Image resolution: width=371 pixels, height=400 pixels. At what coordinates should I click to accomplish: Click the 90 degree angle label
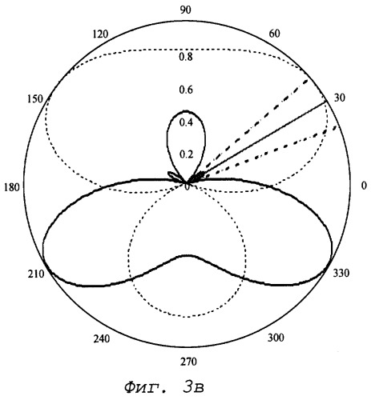click(x=186, y=10)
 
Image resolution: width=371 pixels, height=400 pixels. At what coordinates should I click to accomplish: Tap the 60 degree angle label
click(x=274, y=34)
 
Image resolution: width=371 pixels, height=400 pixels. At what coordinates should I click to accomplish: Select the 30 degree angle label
click(x=340, y=98)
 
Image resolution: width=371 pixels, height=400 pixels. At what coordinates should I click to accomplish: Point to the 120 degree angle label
click(x=100, y=34)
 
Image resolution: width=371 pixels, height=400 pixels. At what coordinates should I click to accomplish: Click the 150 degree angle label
click(x=34, y=99)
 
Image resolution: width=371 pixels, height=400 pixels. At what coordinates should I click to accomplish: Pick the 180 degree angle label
click(x=12, y=187)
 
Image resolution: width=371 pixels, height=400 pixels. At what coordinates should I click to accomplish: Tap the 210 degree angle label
click(x=36, y=274)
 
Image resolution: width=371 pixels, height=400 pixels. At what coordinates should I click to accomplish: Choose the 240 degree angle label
click(x=102, y=339)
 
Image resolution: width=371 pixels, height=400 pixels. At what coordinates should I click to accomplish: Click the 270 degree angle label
click(x=188, y=362)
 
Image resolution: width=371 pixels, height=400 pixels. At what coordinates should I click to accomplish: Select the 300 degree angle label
click(x=276, y=338)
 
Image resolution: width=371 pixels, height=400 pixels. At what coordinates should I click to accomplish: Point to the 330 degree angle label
click(x=341, y=273)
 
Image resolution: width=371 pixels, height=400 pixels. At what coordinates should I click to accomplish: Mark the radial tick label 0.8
click(x=186, y=57)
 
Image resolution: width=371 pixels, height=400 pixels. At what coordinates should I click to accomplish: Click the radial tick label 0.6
click(x=186, y=90)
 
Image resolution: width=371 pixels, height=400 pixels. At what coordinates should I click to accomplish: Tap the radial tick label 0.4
click(x=186, y=122)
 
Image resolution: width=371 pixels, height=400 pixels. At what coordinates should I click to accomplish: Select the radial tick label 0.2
click(x=186, y=154)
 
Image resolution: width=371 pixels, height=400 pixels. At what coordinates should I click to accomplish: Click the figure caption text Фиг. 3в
click(x=164, y=387)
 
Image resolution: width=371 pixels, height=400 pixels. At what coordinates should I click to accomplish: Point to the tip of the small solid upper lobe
click(x=186, y=110)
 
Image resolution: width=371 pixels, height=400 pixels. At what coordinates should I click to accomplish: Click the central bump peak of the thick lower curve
click(x=187, y=255)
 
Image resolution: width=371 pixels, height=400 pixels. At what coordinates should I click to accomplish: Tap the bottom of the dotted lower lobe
click(x=187, y=317)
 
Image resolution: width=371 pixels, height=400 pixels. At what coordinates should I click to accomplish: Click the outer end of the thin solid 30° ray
click(x=326, y=102)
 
